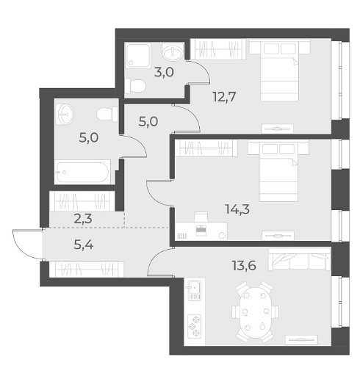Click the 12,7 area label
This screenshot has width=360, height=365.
click(x=224, y=96)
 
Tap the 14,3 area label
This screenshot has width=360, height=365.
click(x=237, y=209)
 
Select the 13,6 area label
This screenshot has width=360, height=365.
click(x=244, y=265)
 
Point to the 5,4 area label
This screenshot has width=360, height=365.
click(x=84, y=245)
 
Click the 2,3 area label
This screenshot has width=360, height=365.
click(x=83, y=219)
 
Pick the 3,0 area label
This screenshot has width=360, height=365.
click(x=164, y=73)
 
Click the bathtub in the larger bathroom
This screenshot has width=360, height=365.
click(x=82, y=172)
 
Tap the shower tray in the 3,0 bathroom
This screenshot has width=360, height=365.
click(x=138, y=56)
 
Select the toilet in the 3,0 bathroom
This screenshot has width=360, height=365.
click(x=135, y=85)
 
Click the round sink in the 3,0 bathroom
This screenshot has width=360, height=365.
click(x=173, y=51)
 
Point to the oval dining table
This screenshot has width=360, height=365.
click(x=255, y=312)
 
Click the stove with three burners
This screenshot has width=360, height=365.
click(x=194, y=326)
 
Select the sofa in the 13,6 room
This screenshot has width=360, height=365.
click(x=299, y=259)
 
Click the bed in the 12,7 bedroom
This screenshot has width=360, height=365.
click(x=280, y=71)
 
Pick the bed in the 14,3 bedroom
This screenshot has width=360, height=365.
click(x=278, y=171)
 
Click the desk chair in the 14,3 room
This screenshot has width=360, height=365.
click(x=201, y=217)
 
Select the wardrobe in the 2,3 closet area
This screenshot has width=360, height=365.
click(x=82, y=201)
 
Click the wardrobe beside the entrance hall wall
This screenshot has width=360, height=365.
click(x=87, y=270)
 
